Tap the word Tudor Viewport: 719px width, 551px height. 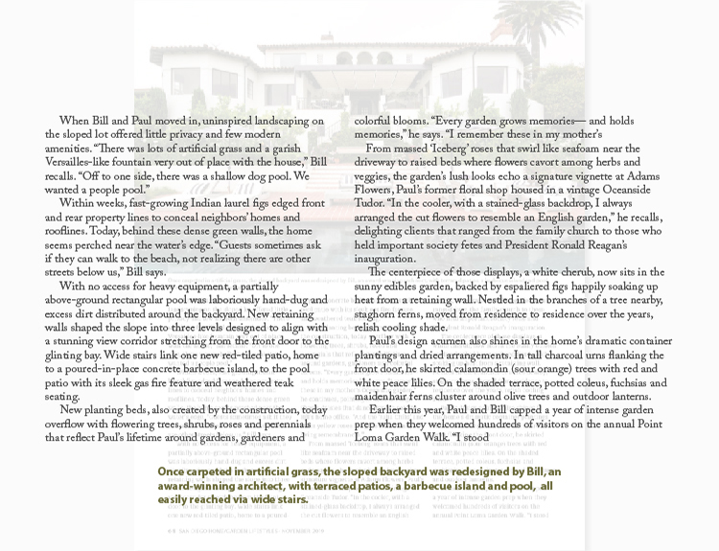371,204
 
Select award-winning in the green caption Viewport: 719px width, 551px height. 189,486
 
